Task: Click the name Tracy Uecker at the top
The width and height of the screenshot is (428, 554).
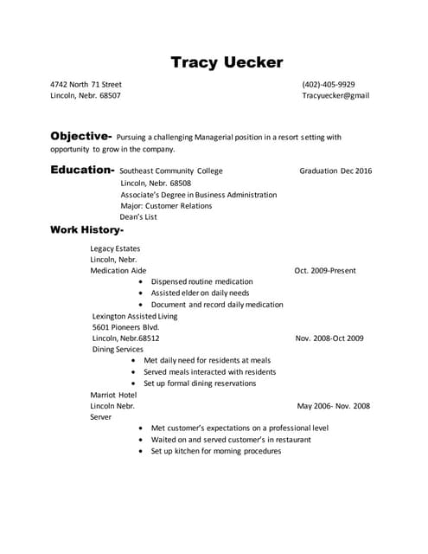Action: (227, 62)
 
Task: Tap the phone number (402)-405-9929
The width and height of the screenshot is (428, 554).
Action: (329, 85)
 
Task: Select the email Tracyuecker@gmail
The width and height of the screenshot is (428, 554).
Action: (335, 96)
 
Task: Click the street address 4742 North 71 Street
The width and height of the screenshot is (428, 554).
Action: (86, 85)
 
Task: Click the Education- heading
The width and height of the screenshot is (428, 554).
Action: (82, 171)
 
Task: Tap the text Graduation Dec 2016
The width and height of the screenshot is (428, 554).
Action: (335, 171)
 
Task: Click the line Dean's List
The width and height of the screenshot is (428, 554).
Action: (138, 217)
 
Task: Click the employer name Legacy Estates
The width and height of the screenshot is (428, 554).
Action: (115, 248)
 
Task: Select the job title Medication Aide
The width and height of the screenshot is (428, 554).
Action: (118, 271)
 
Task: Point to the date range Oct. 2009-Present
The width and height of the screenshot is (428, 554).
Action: (325, 271)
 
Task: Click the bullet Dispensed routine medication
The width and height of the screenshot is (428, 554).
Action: (201, 282)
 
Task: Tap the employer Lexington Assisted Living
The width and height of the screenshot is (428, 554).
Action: (134, 316)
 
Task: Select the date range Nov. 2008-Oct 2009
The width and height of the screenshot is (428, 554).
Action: (329, 338)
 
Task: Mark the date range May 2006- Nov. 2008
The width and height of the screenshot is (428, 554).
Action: (333, 406)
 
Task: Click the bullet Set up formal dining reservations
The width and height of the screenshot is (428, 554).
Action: (200, 383)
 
